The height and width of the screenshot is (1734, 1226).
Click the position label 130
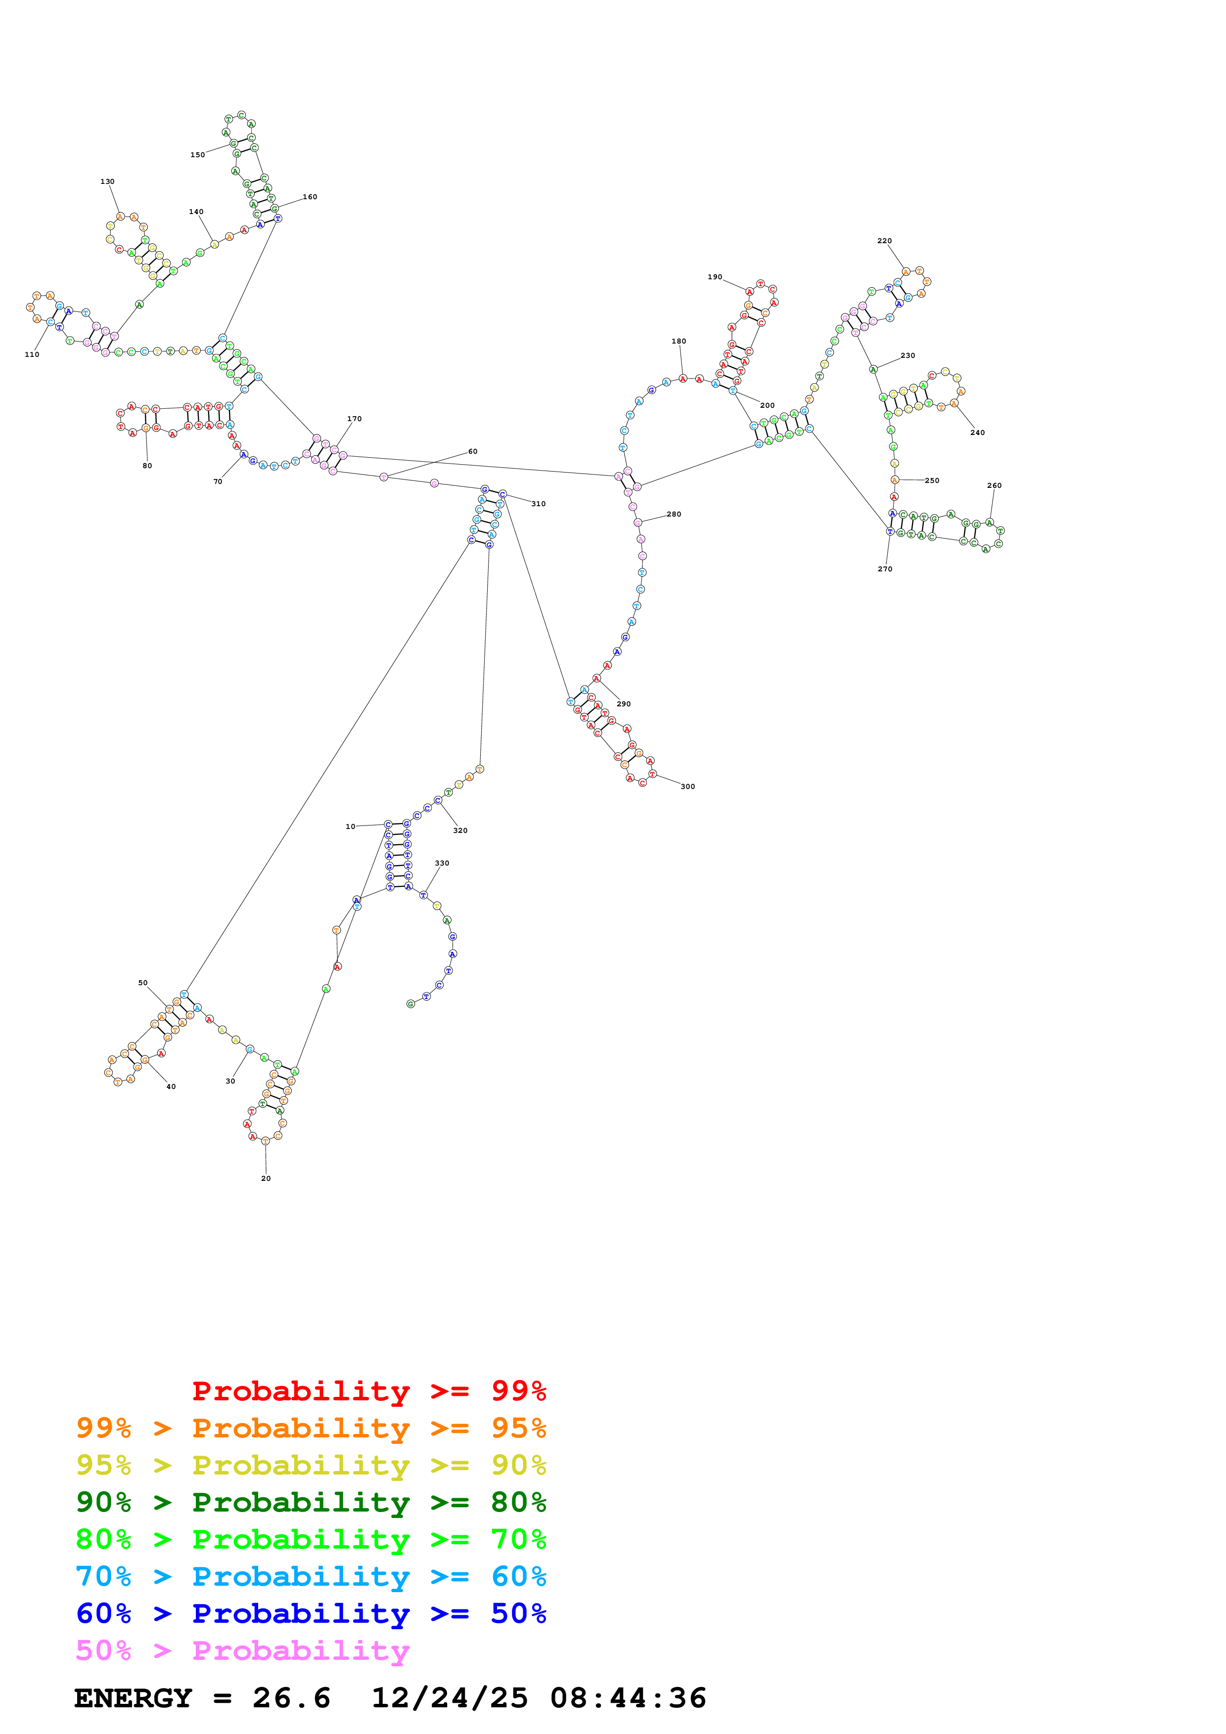pos(107,181)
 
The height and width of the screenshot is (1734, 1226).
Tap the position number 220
pos(884,241)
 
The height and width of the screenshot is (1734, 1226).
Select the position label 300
pos(687,786)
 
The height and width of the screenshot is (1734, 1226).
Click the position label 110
pos(32,354)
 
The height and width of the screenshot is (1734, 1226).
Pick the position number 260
pos(994,485)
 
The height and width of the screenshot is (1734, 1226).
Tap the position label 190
pos(715,277)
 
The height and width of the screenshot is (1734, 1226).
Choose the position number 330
pos(442,863)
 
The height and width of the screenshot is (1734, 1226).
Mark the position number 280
pos(674,514)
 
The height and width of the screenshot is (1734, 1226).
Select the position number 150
pos(197,155)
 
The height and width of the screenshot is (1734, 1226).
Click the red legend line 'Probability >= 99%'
pos(368,1390)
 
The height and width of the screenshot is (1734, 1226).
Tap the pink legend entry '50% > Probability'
pos(242,1650)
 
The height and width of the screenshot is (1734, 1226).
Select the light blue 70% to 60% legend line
pos(311,1576)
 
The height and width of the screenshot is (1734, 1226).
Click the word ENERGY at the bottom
pos(133,1698)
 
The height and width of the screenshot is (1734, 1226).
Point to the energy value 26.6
pos(292,1698)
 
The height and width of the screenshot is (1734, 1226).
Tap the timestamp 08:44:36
pos(628,1698)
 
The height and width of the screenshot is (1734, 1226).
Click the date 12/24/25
pos(450,1698)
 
